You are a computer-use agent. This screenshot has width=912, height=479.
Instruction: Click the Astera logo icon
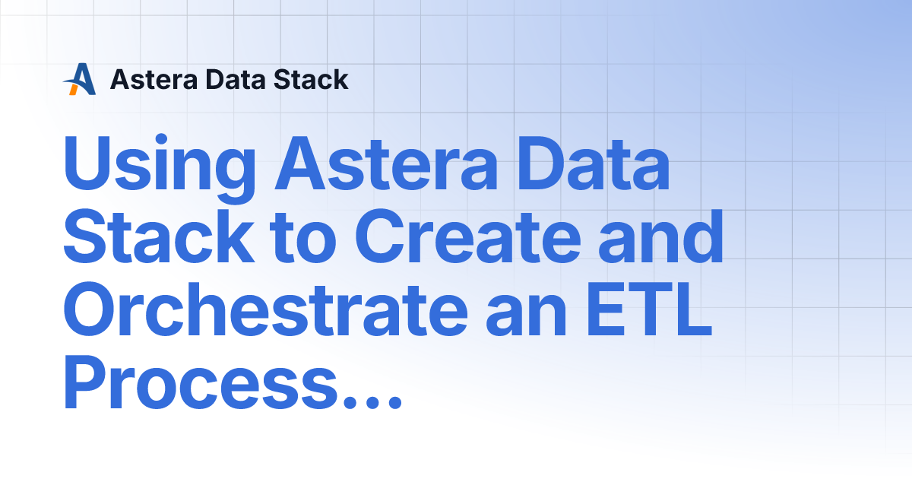(x=80, y=79)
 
